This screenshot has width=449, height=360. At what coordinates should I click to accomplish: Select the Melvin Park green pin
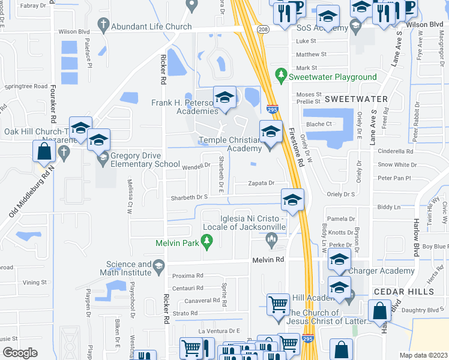pyautogui.click(x=207, y=242)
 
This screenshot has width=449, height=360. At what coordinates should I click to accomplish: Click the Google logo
pyautogui.click(x=20, y=352)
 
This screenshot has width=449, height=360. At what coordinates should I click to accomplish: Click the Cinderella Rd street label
pyautogui.click(x=396, y=152)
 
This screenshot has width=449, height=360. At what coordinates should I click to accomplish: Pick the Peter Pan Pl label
pyautogui.click(x=393, y=178)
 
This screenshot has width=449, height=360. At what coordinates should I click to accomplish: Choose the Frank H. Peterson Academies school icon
pyautogui.click(x=225, y=98)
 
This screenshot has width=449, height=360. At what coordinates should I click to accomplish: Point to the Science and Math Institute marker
pyautogui.click(x=158, y=266)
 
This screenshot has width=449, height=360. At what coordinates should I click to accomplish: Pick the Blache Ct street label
pyautogui.click(x=319, y=124)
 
